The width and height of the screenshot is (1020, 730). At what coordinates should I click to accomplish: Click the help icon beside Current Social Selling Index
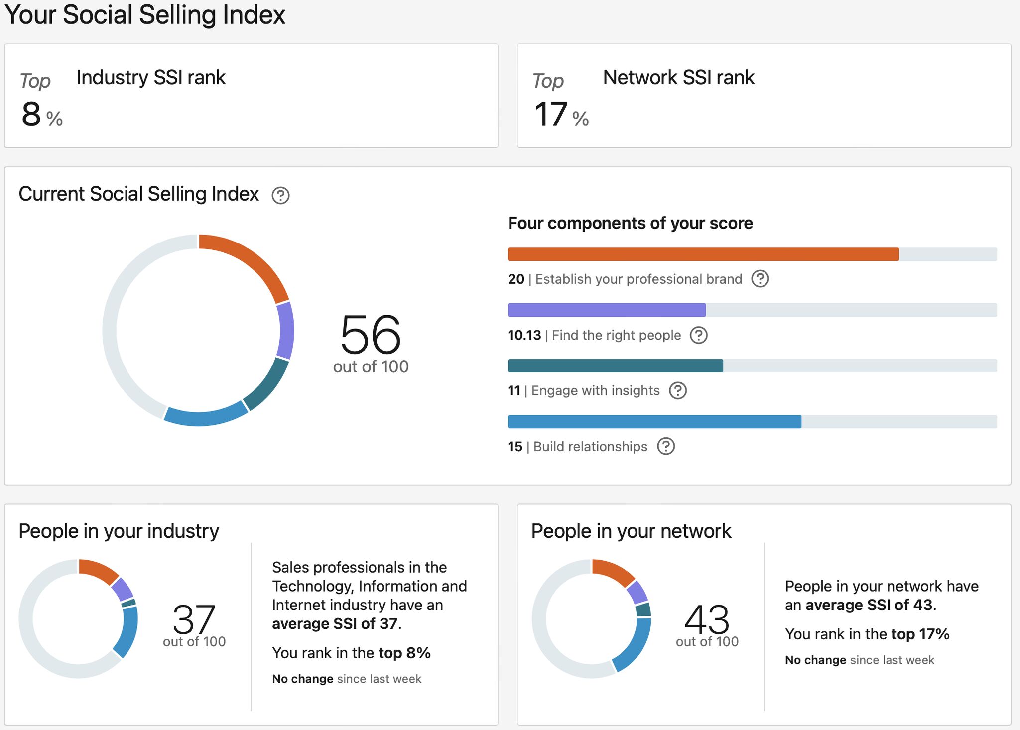(280, 195)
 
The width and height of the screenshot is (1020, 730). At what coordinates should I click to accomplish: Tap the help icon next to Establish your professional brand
(760, 279)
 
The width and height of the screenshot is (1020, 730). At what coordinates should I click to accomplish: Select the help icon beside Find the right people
(698, 335)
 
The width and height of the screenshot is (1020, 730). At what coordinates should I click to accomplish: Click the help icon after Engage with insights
(677, 391)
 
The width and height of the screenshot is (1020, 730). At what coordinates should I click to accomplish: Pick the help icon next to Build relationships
(666, 446)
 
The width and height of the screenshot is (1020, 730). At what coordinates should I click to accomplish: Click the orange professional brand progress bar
(703, 254)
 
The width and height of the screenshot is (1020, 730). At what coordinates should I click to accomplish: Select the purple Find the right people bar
(606, 310)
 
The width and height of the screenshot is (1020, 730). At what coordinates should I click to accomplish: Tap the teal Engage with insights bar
(615, 365)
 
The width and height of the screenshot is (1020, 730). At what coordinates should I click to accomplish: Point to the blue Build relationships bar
(654, 421)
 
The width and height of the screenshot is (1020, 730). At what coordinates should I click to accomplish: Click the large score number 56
(371, 334)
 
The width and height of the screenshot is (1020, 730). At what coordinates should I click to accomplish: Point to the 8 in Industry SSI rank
(31, 114)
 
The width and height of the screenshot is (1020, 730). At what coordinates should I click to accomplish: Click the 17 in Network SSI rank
(550, 114)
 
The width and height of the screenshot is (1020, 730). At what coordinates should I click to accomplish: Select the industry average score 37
(194, 618)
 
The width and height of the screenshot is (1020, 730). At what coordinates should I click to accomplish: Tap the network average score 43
(707, 618)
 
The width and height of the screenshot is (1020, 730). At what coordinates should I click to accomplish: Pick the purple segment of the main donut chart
(286, 331)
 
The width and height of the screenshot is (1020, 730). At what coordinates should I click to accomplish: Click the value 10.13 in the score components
(524, 335)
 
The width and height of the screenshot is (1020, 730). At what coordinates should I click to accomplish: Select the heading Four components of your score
(630, 223)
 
